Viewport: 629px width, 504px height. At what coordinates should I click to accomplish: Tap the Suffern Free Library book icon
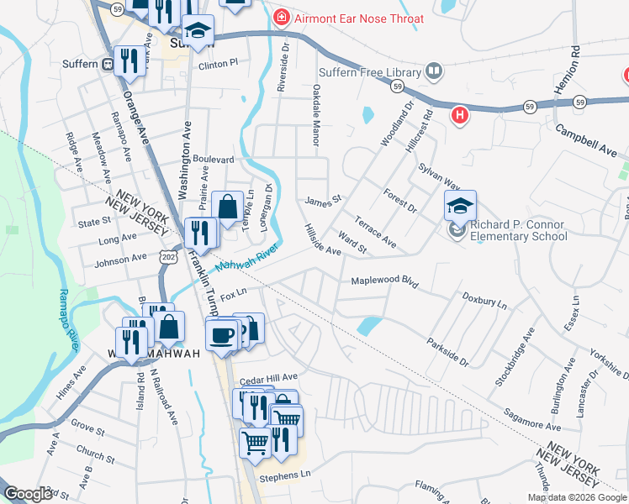tap(434, 71)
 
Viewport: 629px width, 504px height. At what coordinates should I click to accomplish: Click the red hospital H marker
tap(460, 115)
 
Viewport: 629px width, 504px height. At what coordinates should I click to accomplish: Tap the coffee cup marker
tap(222, 334)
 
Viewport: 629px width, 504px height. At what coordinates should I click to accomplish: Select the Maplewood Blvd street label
tap(384, 280)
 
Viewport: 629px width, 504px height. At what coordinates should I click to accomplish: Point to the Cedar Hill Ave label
tap(270, 378)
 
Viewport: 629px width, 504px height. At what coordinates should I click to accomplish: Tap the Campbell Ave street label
tap(588, 140)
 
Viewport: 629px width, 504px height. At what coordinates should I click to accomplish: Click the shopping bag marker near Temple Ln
tap(228, 206)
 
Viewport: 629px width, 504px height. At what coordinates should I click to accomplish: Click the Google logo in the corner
tap(28, 494)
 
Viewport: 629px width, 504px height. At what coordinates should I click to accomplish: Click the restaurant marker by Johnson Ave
tap(199, 233)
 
